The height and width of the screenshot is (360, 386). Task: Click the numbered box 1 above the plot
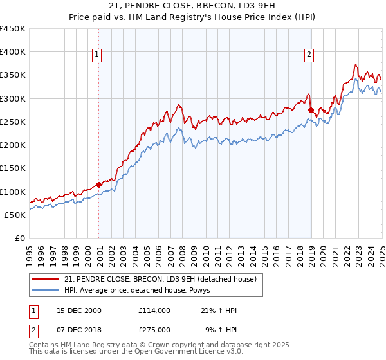[x=96, y=55]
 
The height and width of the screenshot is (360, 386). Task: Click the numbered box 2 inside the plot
[x=309, y=55]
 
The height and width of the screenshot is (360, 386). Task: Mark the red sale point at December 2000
[x=99, y=185]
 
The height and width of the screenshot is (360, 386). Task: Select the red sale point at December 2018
[x=311, y=111]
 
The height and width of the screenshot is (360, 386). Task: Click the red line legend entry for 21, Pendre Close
[x=160, y=279]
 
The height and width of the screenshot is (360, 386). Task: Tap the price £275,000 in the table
[x=154, y=328]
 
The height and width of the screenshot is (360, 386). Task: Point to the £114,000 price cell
[x=154, y=310]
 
